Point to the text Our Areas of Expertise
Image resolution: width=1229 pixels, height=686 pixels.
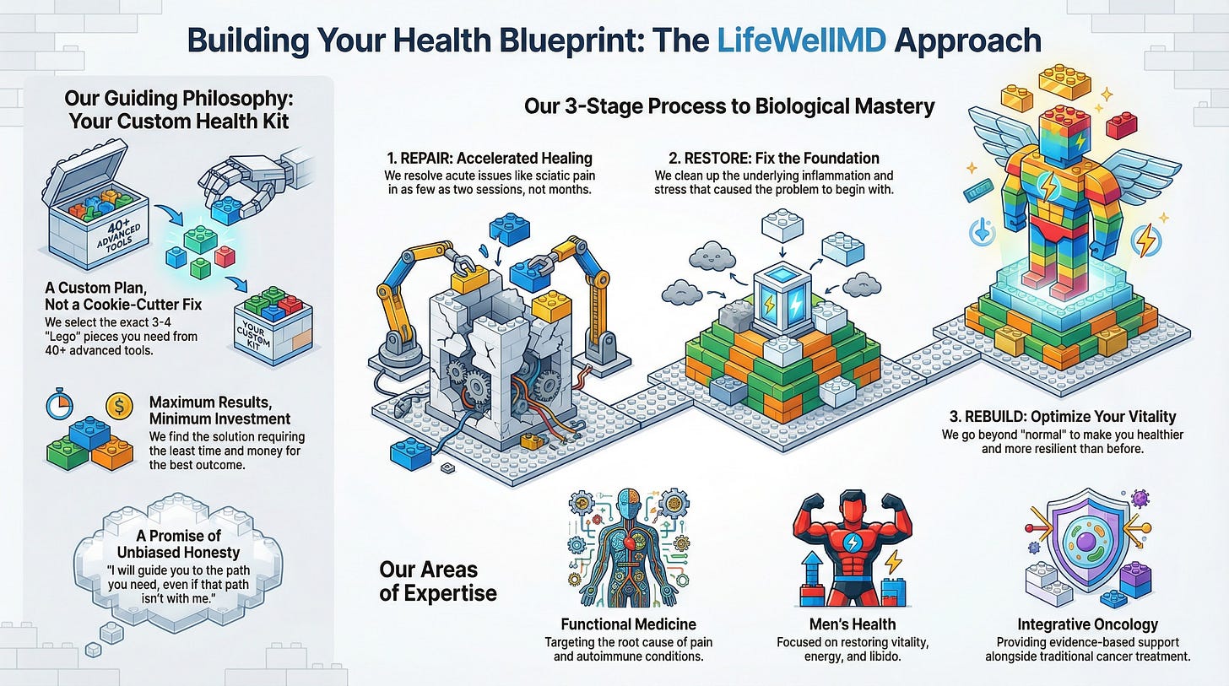click(438, 581)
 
